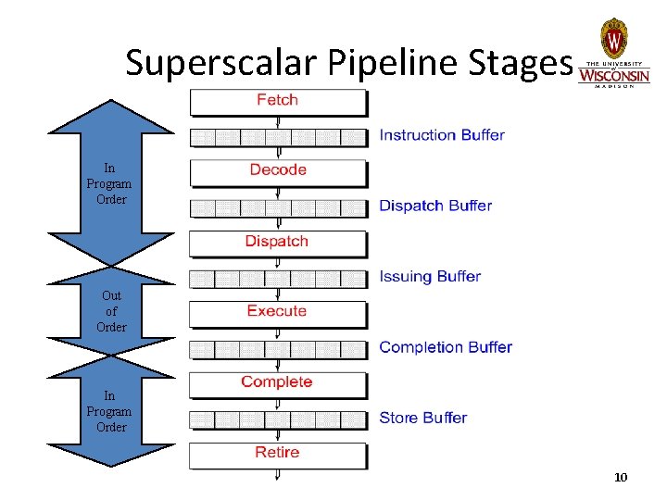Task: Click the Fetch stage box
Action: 278,101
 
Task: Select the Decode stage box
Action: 278,171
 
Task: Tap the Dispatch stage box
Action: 278,243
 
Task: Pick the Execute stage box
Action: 278,313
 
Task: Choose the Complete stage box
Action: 278,383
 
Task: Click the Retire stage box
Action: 278,454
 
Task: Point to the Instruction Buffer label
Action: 442,135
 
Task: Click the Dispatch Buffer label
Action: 435,206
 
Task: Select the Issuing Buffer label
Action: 430,276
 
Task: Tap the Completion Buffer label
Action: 446,347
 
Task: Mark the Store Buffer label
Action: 422,418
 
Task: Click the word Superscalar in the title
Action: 221,63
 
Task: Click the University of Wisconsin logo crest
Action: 613,39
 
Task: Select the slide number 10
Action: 621,477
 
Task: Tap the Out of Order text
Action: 111,311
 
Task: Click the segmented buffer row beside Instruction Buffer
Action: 278,138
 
